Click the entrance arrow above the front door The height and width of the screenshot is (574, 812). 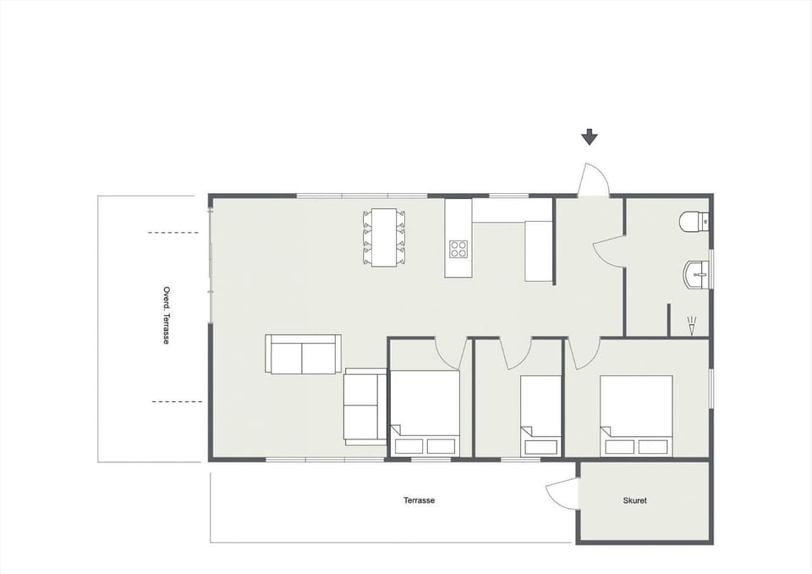[590, 137]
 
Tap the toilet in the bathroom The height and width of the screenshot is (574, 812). [694, 222]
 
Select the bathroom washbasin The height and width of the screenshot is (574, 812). [697, 274]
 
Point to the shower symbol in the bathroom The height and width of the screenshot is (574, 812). [692, 326]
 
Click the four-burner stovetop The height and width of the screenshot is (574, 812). [458, 249]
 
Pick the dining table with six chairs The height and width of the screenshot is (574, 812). [384, 237]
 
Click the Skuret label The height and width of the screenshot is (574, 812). [634, 501]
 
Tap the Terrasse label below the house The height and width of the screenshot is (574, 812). [419, 500]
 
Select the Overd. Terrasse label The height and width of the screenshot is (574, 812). [166, 315]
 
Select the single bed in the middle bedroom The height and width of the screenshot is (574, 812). [540, 416]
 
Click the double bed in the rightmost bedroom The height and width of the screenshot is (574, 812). [636, 416]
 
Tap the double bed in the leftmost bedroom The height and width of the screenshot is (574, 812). [425, 413]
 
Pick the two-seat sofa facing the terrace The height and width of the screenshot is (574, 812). [303, 354]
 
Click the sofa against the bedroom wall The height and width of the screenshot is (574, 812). [365, 406]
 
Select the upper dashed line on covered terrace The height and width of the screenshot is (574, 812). [173, 233]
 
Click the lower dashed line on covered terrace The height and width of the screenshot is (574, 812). [177, 402]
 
